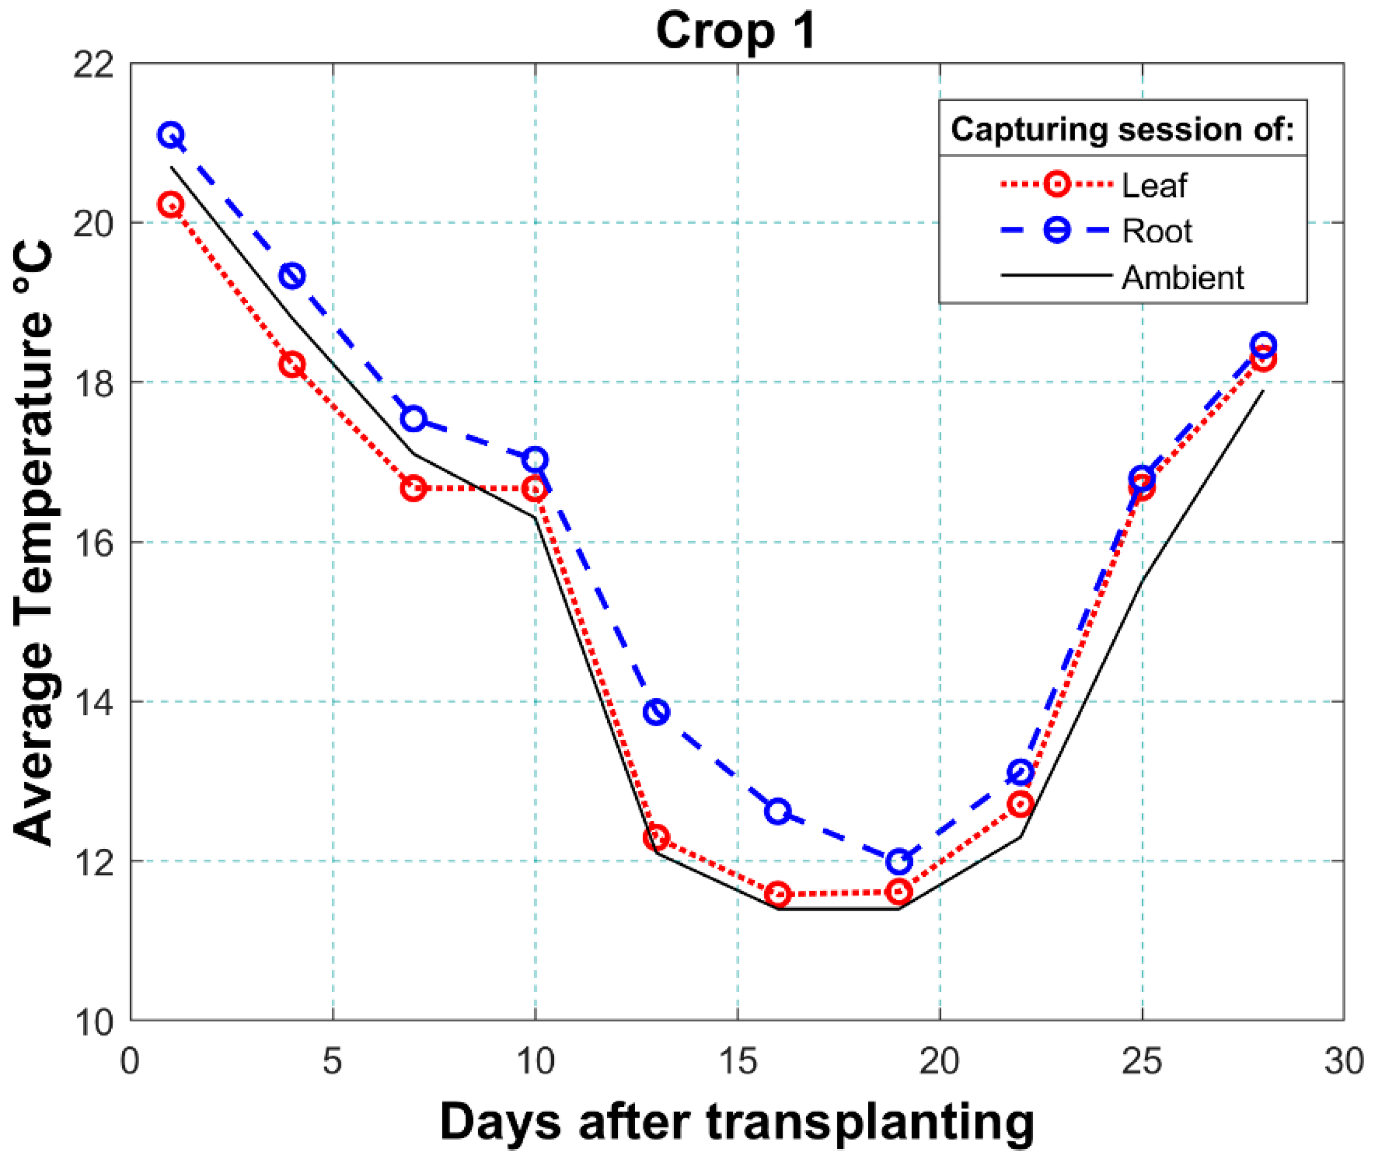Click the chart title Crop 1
point(736,31)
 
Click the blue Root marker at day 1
point(170,135)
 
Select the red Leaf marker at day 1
point(170,204)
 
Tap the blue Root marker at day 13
point(657,712)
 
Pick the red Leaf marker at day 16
point(778,894)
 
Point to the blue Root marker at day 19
point(899,861)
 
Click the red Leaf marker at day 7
point(413,488)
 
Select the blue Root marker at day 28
point(1263,344)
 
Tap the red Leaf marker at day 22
point(1020,804)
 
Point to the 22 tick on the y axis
point(92,64)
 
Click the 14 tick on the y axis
point(92,702)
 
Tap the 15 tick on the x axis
point(738,1061)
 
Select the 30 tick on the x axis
point(1343,1061)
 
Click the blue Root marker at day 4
point(292,275)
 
